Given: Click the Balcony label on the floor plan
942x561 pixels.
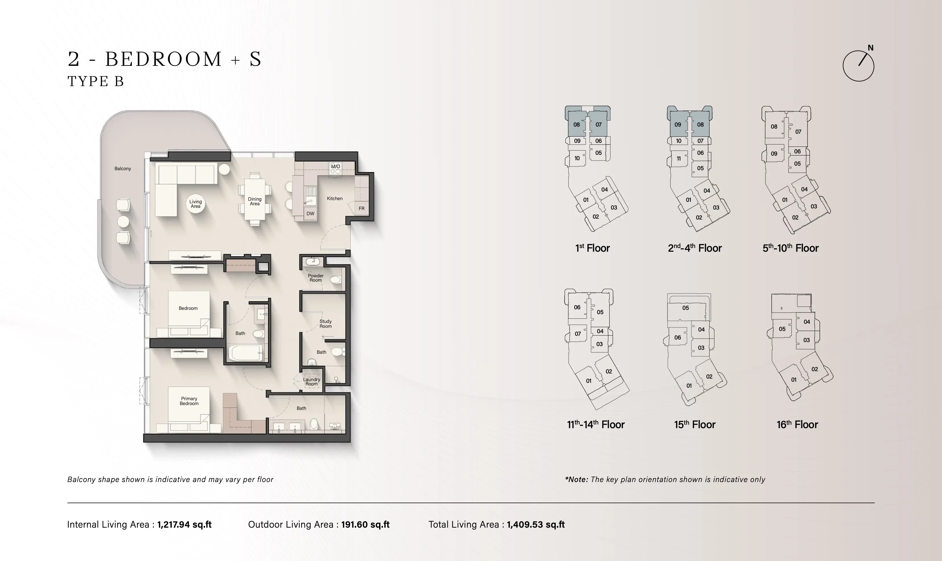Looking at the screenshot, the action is pos(123,168).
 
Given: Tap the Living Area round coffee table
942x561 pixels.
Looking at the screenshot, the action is pos(196,204).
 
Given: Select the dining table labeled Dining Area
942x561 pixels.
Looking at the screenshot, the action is pos(255,199).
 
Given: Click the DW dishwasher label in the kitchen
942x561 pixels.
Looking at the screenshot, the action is pos(310,214).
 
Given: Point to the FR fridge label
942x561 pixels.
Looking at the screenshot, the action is pos(361,208).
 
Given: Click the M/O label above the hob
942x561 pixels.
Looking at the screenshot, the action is pos(335,166).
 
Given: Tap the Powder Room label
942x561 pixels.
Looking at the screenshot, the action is pos(316,278).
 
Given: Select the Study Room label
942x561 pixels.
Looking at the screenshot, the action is pos(326,324).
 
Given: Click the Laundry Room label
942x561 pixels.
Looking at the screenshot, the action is pos(312,382).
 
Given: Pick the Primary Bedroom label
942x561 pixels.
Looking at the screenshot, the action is pos(189,401).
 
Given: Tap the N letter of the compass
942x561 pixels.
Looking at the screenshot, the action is pos(870,48).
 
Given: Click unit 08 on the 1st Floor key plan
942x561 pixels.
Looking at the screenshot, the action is pos(576,124).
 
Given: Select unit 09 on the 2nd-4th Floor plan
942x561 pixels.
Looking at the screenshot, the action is pos(678,124).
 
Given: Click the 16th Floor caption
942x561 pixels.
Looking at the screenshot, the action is pos(797,424).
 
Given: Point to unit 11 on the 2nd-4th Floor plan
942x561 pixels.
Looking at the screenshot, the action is pos(679,158).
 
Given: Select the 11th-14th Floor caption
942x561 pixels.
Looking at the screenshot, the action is pos(596,424).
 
